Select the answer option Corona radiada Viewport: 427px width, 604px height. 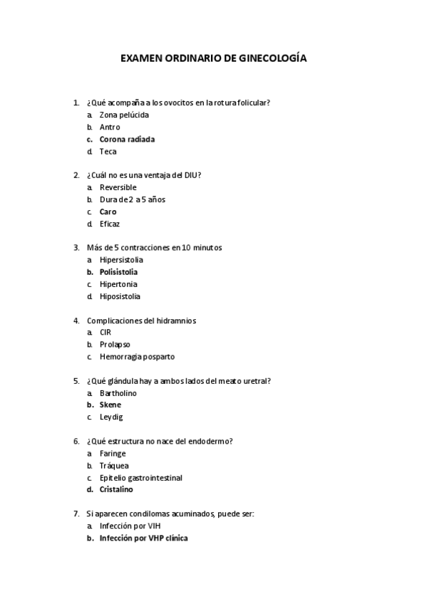tap(127, 139)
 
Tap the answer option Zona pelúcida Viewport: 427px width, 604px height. tap(124, 115)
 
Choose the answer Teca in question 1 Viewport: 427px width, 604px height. tap(108, 151)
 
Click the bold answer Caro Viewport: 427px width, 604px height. tap(108, 212)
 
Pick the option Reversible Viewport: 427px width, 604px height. tap(118, 187)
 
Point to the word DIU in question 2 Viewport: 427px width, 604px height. tap(191, 175)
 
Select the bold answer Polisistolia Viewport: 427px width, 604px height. tap(118, 272)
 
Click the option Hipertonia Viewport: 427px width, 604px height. tap(118, 284)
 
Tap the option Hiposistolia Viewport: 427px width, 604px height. tap(120, 296)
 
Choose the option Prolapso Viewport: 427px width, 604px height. tap(115, 345)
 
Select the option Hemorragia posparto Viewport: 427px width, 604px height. tap(137, 357)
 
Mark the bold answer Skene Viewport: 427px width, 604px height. tap(110, 405)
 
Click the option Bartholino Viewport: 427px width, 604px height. tap(118, 393)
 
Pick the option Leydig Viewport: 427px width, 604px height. tap(110, 417)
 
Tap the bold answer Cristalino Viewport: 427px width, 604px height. tap(115, 489)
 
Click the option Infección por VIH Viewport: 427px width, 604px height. tap(130, 526)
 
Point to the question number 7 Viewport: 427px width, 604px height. tap(76, 514)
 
